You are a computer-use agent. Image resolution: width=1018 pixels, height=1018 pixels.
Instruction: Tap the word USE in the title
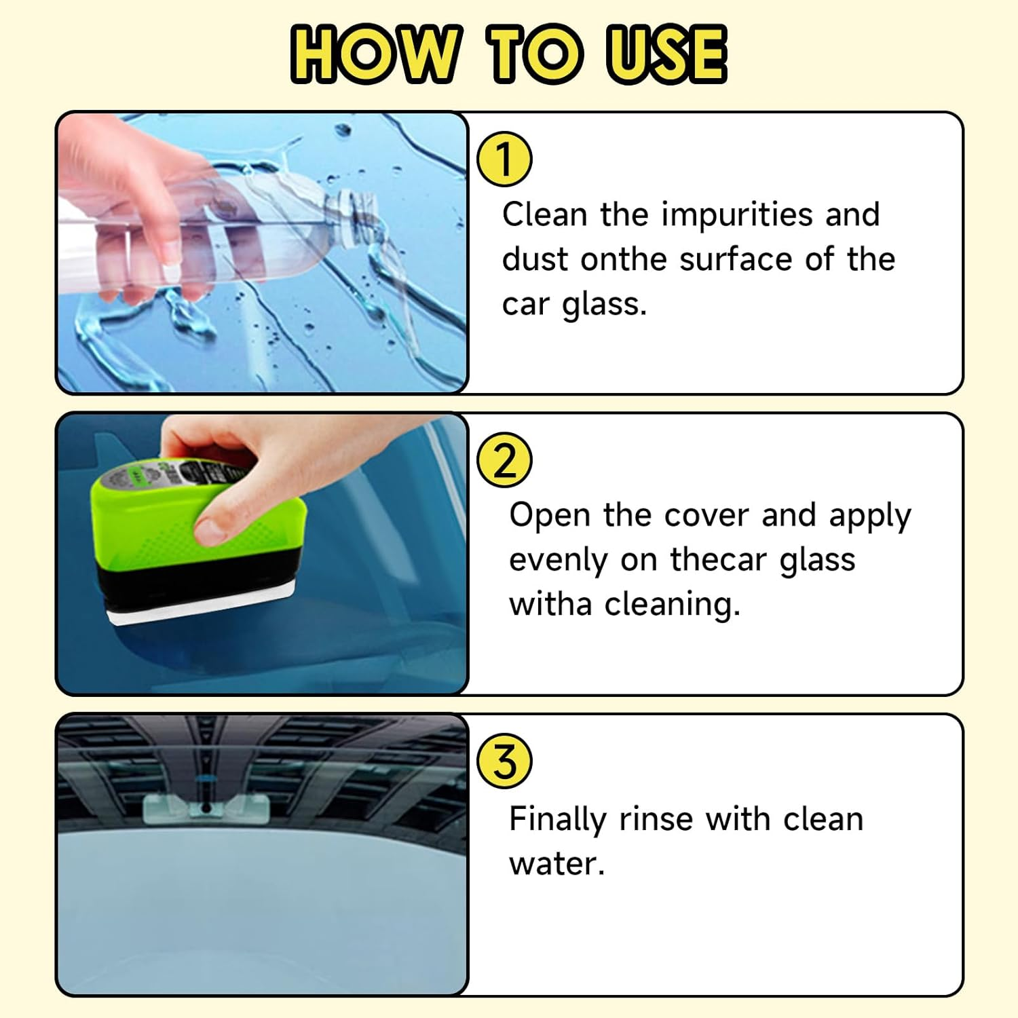[x=666, y=54]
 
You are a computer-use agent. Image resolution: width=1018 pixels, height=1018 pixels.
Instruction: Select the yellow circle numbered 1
[x=504, y=159]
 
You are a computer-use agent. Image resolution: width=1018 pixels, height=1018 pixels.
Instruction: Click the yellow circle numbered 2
[x=504, y=461]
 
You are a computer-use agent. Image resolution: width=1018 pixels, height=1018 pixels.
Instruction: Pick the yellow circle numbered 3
[x=504, y=761]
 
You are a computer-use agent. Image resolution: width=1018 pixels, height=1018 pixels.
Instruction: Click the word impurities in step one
[x=737, y=215]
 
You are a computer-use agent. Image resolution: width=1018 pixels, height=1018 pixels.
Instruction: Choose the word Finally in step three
[x=557, y=820]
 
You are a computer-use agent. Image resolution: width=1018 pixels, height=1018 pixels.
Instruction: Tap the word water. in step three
[x=557, y=864]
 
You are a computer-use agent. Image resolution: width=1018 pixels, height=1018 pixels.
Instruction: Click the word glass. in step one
[x=604, y=305]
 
